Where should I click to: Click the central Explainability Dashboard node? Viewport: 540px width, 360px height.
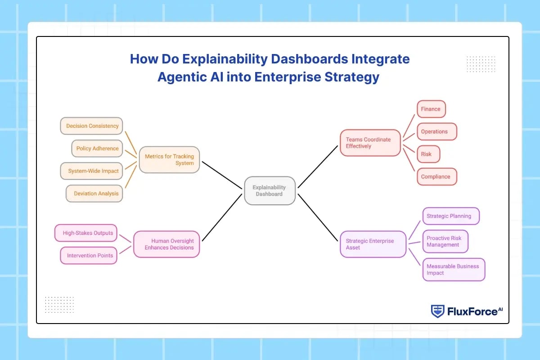click(x=270, y=190)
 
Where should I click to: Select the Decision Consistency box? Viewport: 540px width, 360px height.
click(x=92, y=126)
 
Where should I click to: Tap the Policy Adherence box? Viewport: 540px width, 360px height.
click(x=97, y=148)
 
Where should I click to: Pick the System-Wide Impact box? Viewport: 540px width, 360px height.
click(x=92, y=171)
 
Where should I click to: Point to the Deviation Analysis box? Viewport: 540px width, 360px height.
click(x=94, y=193)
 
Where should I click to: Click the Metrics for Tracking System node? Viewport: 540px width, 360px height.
click(x=169, y=160)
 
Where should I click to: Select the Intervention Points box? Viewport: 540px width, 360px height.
click(x=89, y=256)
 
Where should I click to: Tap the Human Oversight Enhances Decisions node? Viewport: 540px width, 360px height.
click(x=166, y=244)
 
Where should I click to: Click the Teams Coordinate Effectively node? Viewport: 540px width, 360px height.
click(x=370, y=143)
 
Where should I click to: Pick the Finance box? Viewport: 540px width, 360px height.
click(x=431, y=109)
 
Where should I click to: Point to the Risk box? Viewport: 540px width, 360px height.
click(x=427, y=154)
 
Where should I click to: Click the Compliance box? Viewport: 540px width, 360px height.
click(x=436, y=176)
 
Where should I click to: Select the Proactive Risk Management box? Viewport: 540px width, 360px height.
click(x=445, y=242)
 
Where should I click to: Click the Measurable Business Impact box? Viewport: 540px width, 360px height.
click(x=453, y=270)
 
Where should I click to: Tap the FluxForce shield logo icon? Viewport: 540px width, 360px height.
click(x=437, y=311)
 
